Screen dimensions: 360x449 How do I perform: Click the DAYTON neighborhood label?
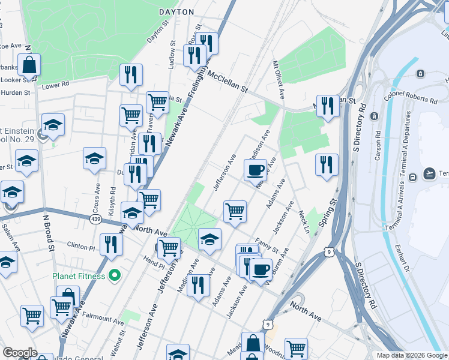coord(176,12)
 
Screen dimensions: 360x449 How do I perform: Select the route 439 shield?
coord(95,220)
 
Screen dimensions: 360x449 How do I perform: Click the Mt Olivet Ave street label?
coord(279,80)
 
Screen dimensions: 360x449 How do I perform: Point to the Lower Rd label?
coord(55,85)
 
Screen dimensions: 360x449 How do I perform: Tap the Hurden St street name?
coord(15,93)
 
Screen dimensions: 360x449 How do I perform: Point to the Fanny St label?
coord(266,245)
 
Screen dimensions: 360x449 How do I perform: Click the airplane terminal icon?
coord(429,173)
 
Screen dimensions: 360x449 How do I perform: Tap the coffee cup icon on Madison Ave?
coord(255,170)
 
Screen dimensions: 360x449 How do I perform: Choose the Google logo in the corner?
coord(20,353)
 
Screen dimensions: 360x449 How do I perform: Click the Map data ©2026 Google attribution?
coord(412,355)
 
